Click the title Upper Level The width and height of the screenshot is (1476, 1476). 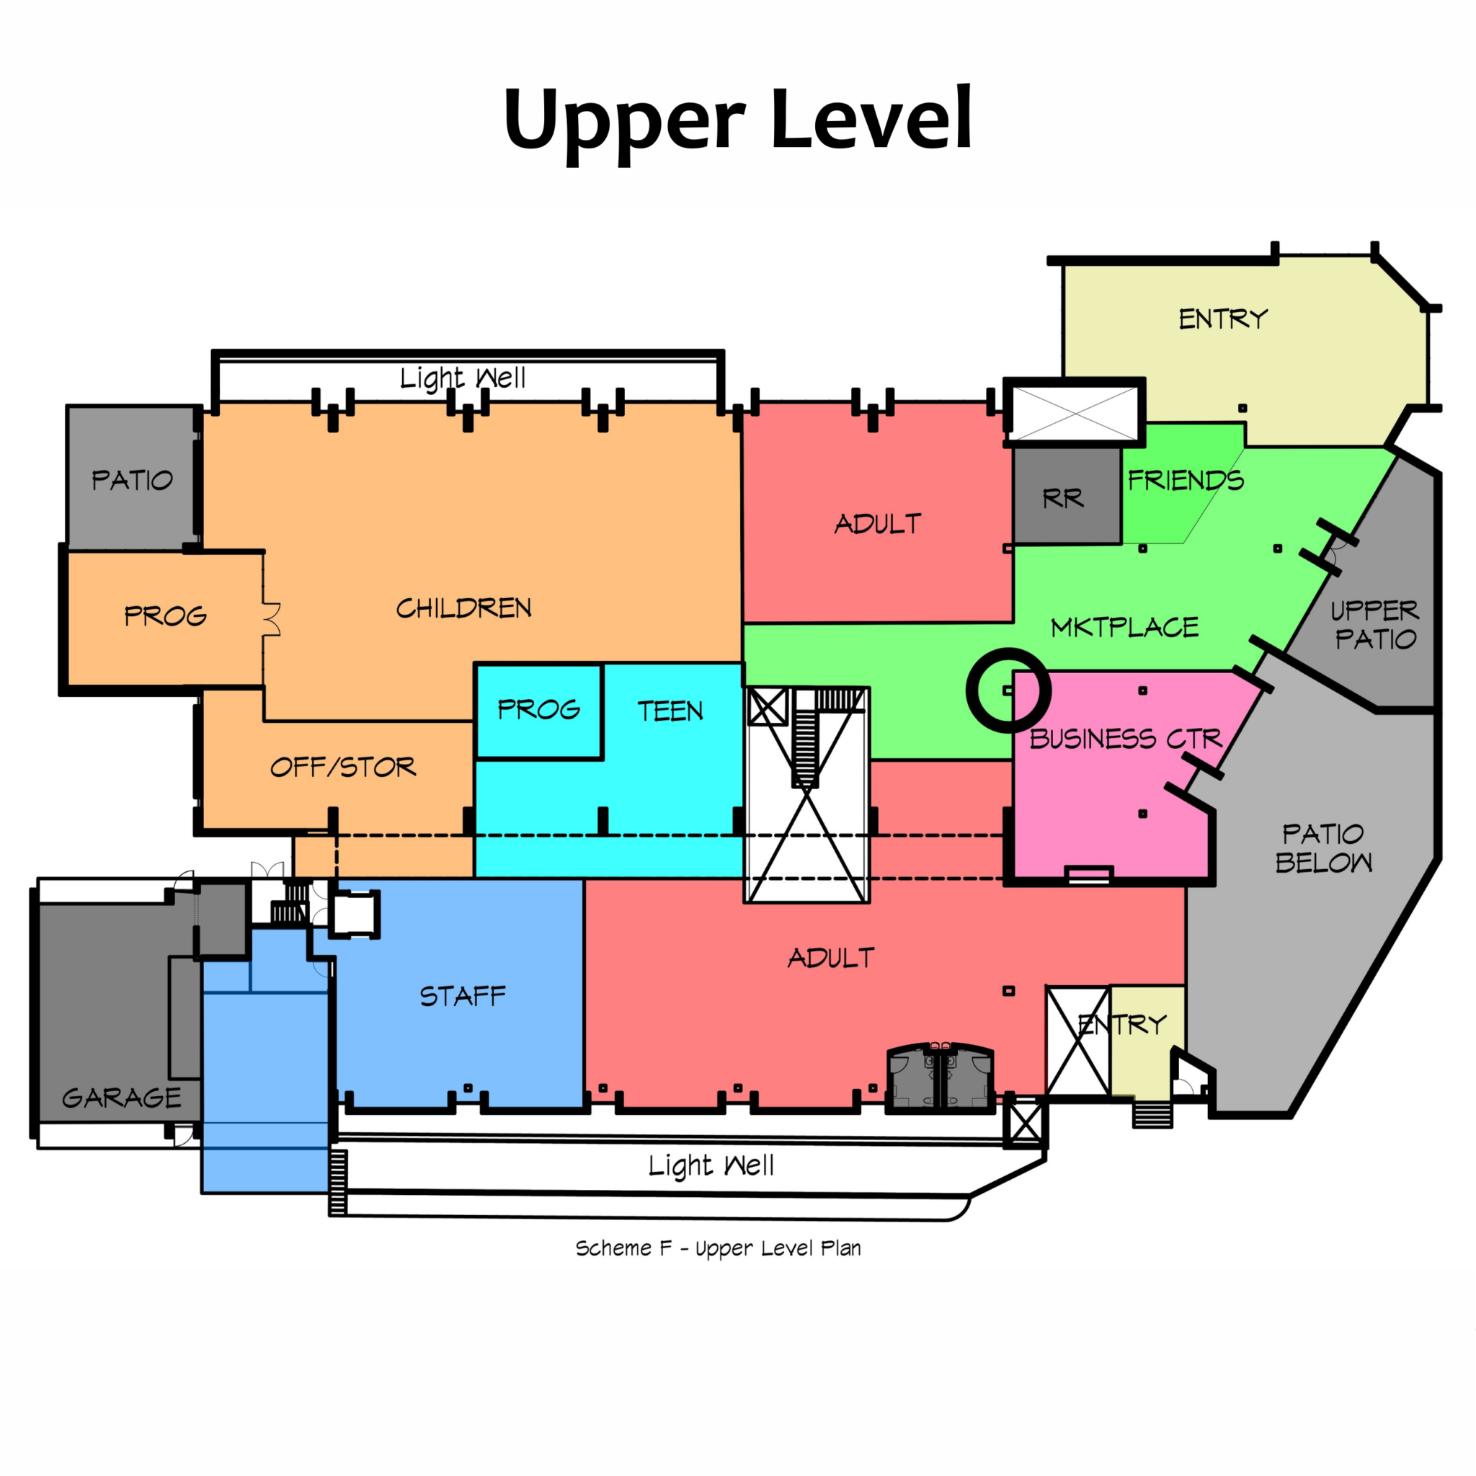tap(737, 120)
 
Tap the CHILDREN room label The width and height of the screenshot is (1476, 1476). tap(463, 608)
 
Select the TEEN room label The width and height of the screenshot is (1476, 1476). tap(670, 711)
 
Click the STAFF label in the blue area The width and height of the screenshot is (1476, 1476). tap(462, 995)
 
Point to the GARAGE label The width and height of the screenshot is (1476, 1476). tap(123, 1097)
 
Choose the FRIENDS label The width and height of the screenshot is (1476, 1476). tap(1186, 480)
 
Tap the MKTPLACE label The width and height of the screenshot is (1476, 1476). tap(1124, 627)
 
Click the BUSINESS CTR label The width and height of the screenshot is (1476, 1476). tap(1125, 739)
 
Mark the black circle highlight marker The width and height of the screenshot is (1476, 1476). tap(1008, 690)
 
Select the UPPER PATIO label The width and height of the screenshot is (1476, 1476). tap(1375, 624)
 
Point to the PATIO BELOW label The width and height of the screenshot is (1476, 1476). tap(1323, 848)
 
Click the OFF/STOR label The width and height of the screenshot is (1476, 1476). tap(343, 766)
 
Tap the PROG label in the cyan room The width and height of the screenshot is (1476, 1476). tap(538, 709)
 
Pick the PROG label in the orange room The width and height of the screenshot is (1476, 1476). tap(165, 615)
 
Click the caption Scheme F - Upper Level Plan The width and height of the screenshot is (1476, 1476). tap(718, 1248)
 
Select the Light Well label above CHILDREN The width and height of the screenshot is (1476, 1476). tap(463, 378)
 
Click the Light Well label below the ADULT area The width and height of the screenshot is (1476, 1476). tap(711, 1165)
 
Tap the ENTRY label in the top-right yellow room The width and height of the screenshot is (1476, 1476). tap(1222, 319)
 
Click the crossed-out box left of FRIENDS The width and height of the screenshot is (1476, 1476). tap(1074, 413)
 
